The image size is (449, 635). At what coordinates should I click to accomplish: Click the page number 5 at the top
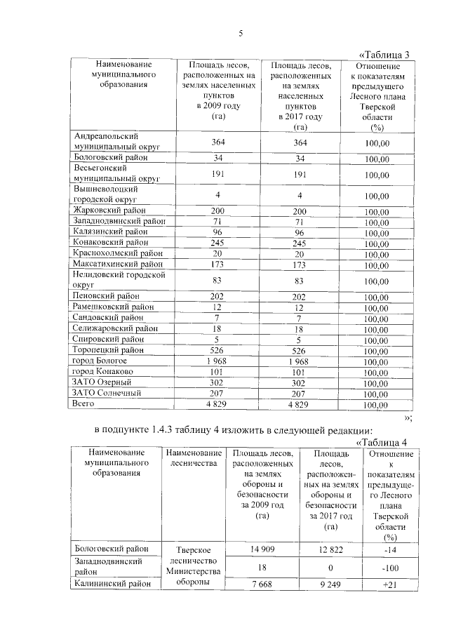click(240, 33)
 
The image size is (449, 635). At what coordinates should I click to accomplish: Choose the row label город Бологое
click(100, 360)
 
